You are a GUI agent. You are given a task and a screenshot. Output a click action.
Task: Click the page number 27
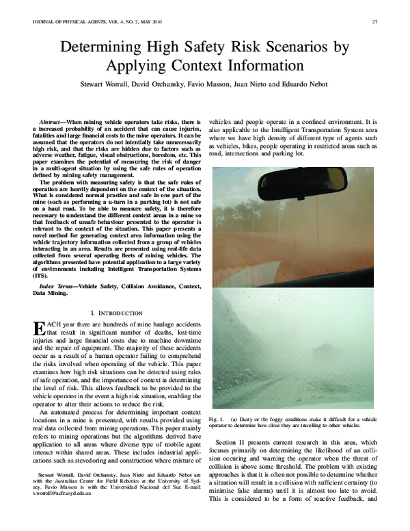(374, 21)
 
